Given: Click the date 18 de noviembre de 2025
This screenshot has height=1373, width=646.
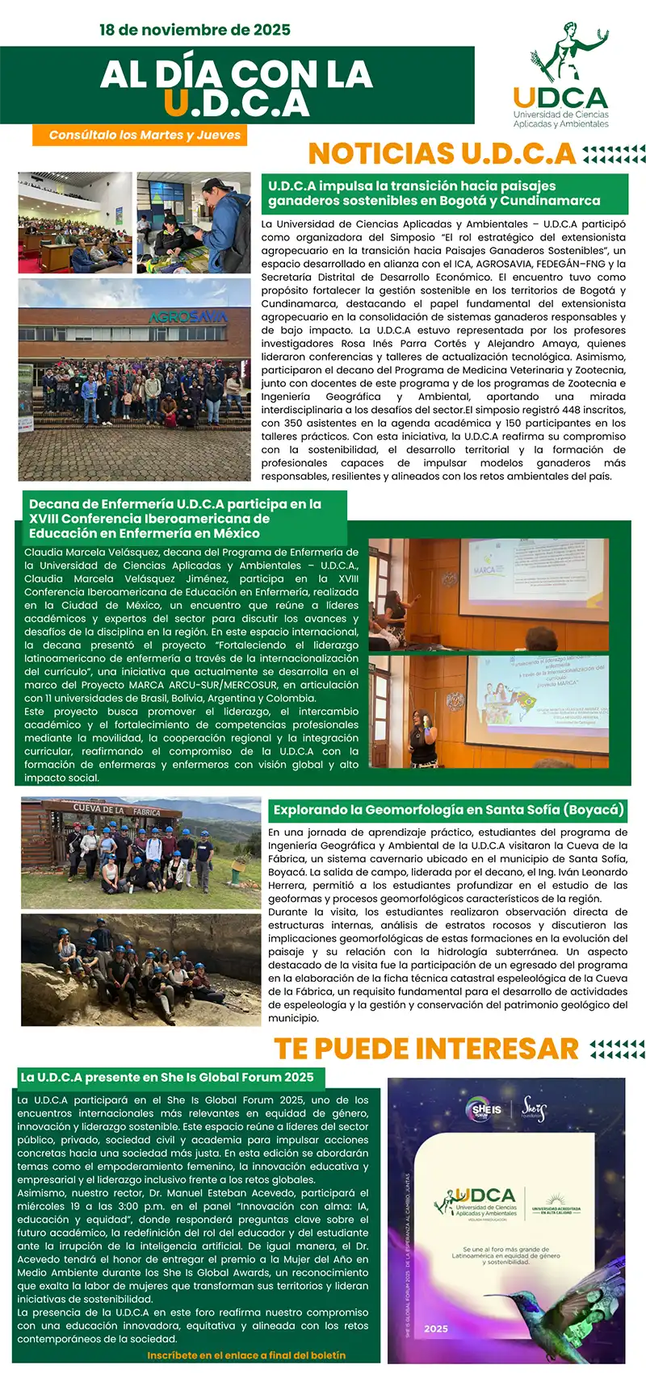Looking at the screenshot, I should [195, 30].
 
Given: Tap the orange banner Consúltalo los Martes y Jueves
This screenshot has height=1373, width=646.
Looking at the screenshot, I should [145, 135].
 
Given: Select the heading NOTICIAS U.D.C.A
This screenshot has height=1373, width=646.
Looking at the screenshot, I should [442, 153].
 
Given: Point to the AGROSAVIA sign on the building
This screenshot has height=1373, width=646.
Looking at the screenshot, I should [187, 317].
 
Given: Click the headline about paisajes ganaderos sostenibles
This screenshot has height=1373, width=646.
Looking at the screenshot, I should [434, 194].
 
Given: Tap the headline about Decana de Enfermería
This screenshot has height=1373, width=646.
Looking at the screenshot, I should [175, 518].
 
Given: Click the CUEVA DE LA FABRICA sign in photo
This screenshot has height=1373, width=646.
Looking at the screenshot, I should [116, 809].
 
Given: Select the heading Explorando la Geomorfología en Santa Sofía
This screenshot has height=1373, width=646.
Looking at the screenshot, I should [448, 809].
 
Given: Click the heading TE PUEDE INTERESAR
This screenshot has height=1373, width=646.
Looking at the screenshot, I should [426, 1048].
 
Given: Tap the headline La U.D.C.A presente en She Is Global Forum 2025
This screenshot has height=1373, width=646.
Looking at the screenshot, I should [167, 1077].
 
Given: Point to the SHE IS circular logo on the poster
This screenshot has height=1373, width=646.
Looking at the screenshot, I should [486, 1109].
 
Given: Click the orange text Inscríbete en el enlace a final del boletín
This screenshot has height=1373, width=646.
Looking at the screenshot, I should [246, 1354].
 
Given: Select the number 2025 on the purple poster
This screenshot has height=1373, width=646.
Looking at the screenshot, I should [435, 1328].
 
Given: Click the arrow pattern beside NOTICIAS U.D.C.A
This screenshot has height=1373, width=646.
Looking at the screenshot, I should [614, 153].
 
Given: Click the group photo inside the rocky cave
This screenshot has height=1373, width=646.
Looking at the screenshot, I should [141, 968].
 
